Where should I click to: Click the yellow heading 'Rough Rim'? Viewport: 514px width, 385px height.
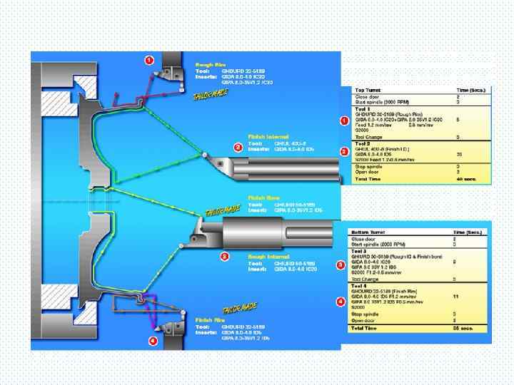point(209,64)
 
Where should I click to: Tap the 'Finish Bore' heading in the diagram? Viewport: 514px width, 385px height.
point(262,197)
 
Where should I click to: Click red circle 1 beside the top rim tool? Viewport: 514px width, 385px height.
point(148,60)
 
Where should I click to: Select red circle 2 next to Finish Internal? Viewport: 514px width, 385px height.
point(238,148)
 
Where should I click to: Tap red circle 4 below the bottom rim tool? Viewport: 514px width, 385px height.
point(152,341)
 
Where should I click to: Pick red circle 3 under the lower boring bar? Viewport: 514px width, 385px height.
point(224,256)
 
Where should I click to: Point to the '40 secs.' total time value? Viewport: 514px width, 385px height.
point(465,179)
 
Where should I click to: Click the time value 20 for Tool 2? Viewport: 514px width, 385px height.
point(459,153)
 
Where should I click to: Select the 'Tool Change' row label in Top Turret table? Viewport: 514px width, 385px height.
point(370,137)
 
